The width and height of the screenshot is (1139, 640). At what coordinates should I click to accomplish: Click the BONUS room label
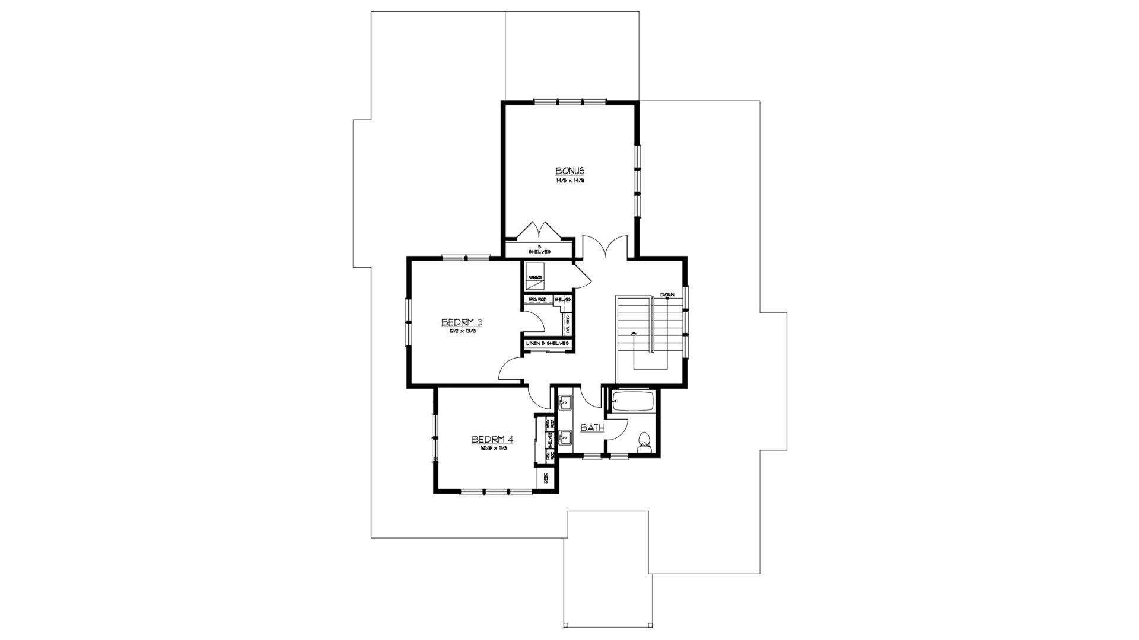pos(569,171)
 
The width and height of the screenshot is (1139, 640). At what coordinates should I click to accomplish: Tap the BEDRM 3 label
pos(462,322)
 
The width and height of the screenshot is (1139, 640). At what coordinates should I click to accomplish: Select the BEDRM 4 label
pos(492,440)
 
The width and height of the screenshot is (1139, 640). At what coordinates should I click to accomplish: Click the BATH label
pos(591,427)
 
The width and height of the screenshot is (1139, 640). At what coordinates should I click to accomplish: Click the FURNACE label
pos(535,277)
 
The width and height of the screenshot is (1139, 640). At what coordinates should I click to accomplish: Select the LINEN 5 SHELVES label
pos(548,344)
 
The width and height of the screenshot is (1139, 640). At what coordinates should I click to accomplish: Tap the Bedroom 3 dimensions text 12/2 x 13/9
pos(462,332)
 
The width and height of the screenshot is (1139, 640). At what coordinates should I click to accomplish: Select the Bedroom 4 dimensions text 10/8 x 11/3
pos(492,449)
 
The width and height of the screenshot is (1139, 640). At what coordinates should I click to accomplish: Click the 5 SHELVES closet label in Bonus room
pos(539,249)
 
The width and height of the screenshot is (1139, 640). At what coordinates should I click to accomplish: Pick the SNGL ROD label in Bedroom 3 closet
pos(537,300)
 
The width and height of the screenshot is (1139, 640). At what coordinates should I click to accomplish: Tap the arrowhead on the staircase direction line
pos(634,334)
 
